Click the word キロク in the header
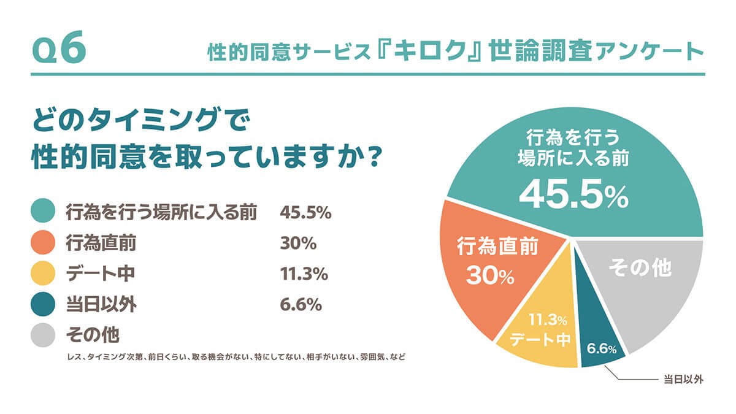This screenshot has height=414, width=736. tap(434, 52)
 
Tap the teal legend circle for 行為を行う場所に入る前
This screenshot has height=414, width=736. tap(44, 212)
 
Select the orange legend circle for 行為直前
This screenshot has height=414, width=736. tap(44, 243)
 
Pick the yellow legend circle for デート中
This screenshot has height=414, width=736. tap(44, 274)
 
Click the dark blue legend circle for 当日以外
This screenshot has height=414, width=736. tap(44, 305)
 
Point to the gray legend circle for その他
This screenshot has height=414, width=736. tap(44, 335)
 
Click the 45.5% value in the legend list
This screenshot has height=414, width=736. tap(305, 213)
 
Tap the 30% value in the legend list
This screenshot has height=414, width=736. tap(297, 243)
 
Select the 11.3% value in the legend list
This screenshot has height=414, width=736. tap(304, 274)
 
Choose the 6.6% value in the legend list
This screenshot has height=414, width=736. tap(301, 305)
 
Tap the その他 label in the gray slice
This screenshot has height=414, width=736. tap(640, 269)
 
